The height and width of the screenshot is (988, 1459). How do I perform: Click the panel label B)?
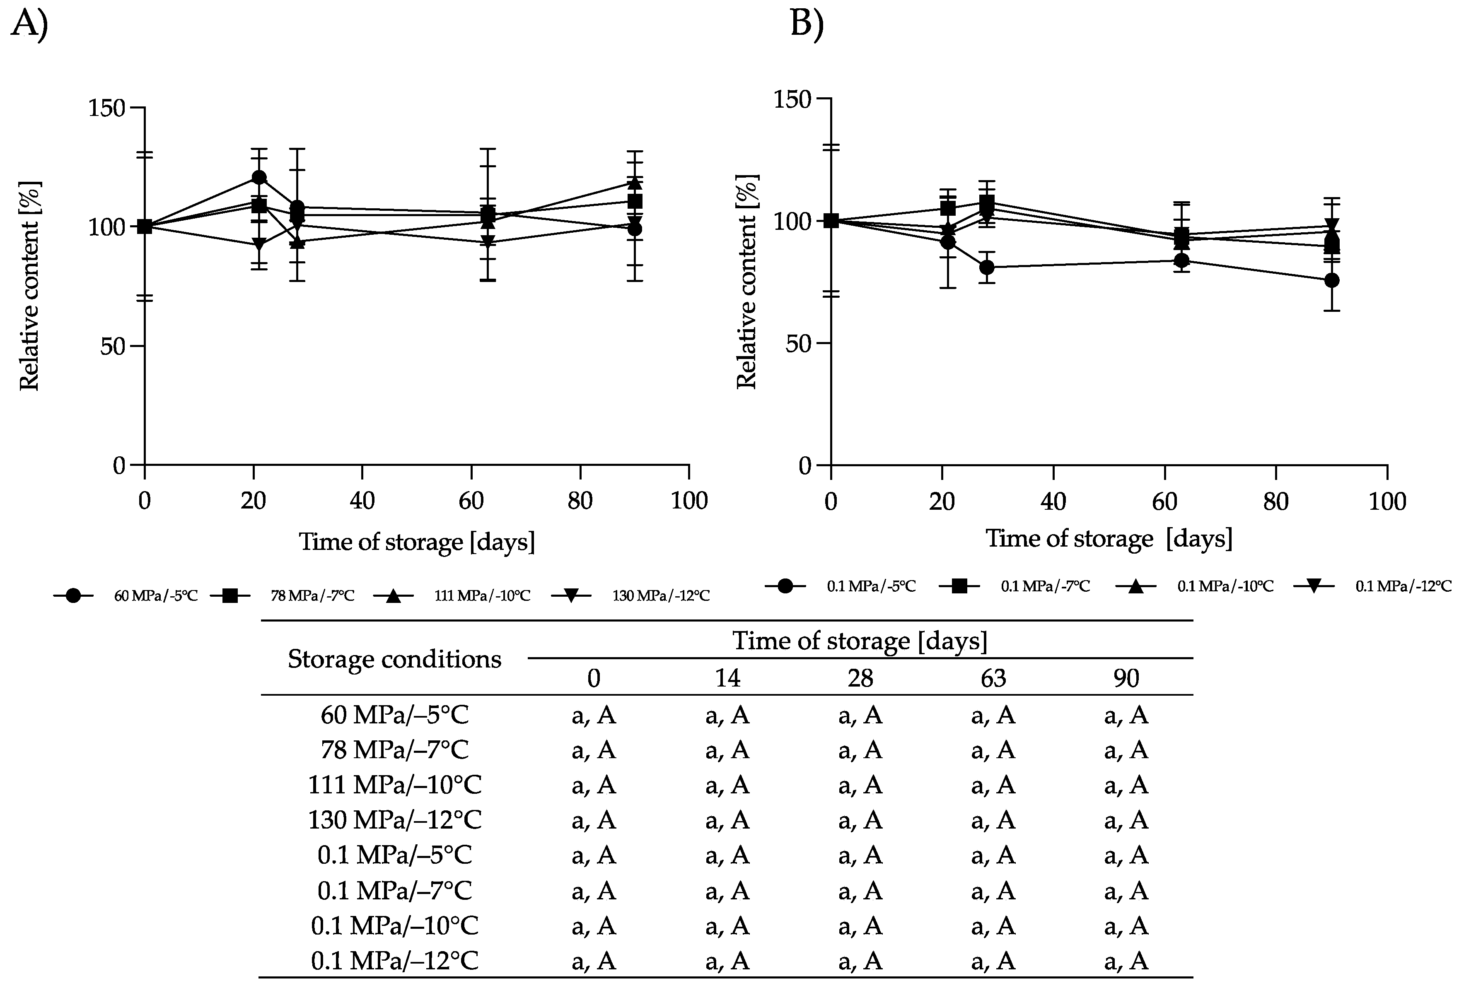click(x=806, y=25)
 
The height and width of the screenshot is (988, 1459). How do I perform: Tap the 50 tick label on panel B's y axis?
click(x=798, y=343)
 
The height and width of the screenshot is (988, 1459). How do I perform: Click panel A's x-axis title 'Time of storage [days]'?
click(x=417, y=542)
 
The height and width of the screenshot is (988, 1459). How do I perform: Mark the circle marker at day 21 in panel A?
click(x=258, y=178)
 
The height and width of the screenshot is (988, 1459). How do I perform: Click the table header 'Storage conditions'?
click(x=394, y=659)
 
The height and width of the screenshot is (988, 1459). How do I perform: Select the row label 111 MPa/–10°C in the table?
click(x=394, y=785)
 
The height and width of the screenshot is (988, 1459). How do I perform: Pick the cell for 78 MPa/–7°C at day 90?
click(x=1126, y=749)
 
